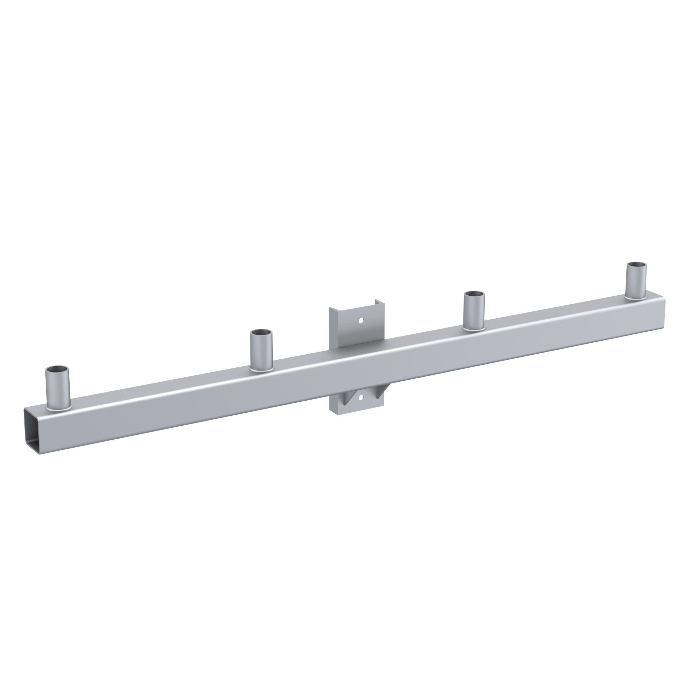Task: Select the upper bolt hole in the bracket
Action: pyautogui.click(x=361, y=320)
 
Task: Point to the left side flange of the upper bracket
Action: pyautogui.click(x=332, y=329)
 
